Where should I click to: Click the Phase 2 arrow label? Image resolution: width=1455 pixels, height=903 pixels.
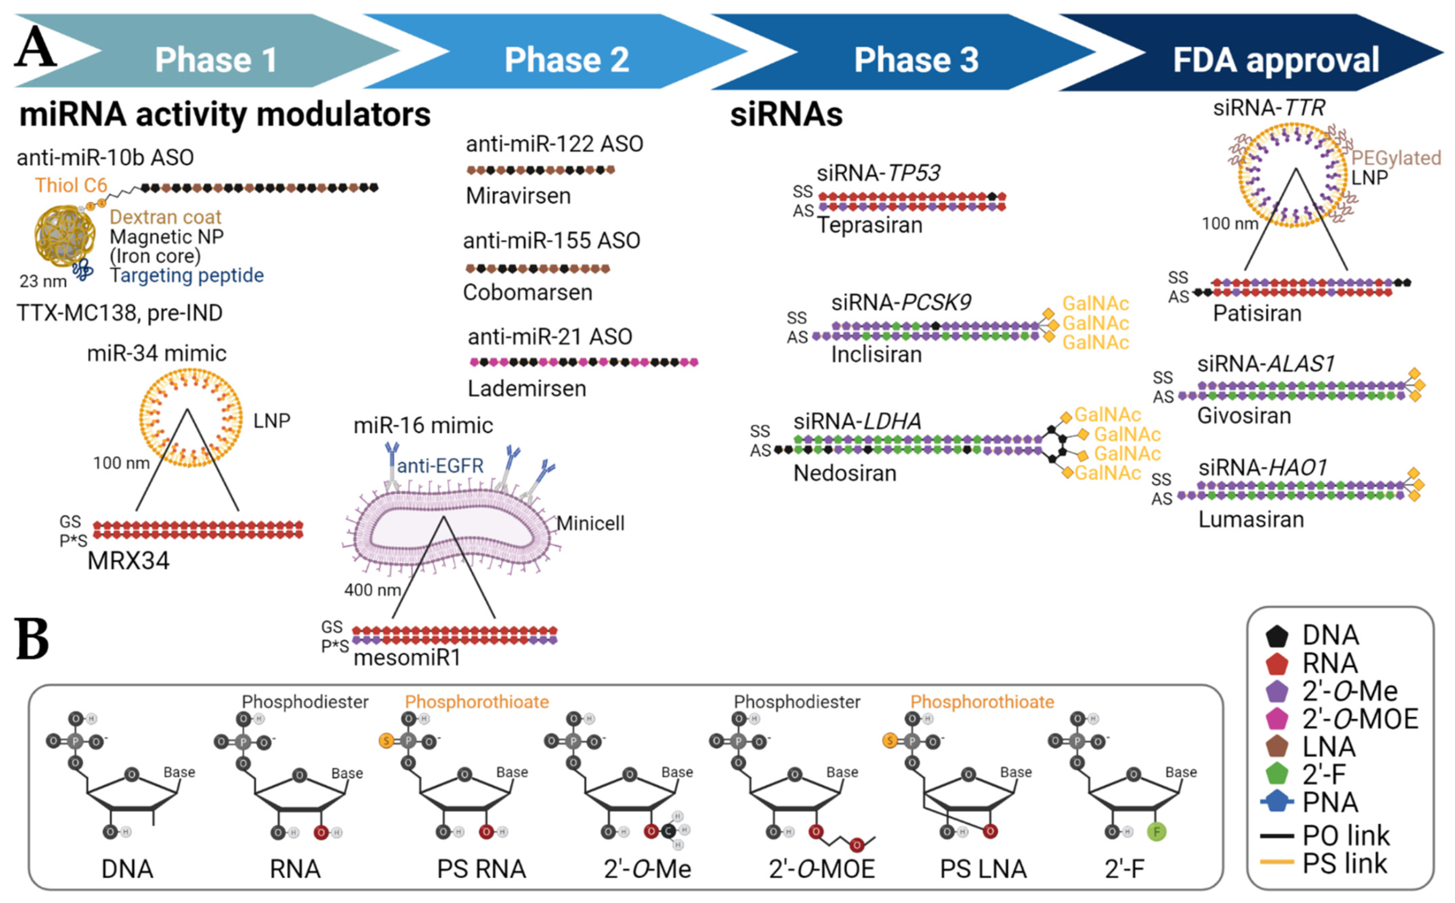click(x=566, y=60)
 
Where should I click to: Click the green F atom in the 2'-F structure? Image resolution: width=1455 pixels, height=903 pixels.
click(x=1156, y=831)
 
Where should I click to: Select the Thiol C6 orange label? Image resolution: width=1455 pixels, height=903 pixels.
click(x=71, y=185)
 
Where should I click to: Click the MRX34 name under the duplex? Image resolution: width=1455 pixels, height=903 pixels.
click(x=128, y=561)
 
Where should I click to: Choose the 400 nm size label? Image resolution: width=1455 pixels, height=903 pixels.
click(x=372, y=590)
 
